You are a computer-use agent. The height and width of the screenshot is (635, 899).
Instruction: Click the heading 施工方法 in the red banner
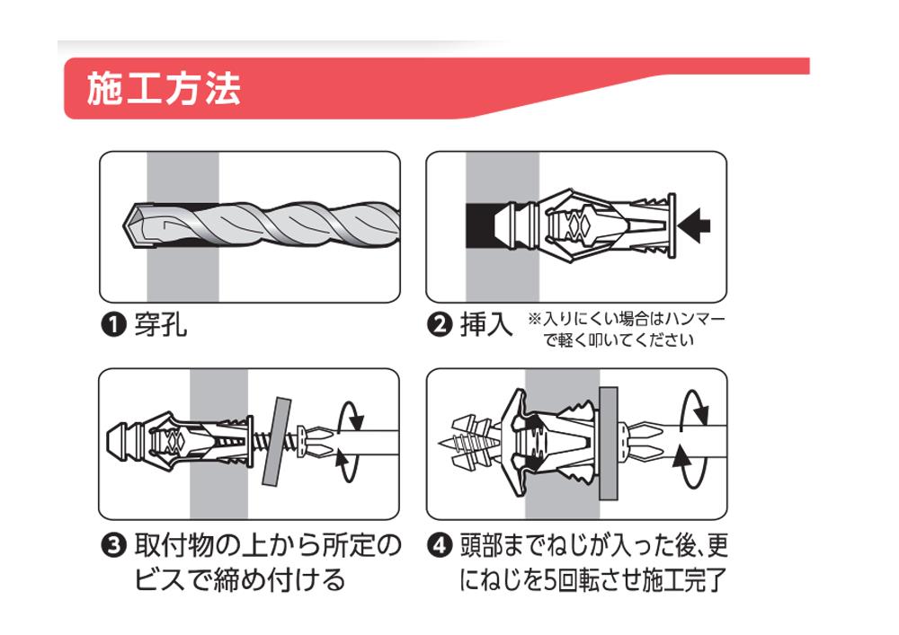pos(164,89)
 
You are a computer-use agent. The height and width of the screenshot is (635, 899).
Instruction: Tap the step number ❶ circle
pos(113,326)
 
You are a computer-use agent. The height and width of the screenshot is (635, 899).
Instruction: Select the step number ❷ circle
pos(440,325)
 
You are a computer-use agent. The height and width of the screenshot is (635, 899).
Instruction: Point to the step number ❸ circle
pos(113,546)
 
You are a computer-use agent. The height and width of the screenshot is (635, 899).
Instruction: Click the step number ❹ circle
pos(440,546)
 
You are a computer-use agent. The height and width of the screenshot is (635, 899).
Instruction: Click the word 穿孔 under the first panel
pos(161,325)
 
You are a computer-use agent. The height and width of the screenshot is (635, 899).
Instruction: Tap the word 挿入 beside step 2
pos(486,324)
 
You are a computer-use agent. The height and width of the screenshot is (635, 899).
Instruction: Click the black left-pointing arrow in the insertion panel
pos(694,225)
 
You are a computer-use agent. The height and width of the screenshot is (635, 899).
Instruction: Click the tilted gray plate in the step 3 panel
pos(277,442)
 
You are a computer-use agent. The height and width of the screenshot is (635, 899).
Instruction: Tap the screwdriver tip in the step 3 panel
pos(314,442)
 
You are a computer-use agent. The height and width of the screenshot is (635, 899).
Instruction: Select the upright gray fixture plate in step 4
pos(609,443)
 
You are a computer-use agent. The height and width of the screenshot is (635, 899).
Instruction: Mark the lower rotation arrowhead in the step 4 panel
pos(681,456)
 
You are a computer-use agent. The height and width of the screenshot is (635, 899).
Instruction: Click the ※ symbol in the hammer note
pos(534,319)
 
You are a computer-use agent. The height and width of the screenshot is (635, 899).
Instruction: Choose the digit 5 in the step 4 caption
pos(549,579)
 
